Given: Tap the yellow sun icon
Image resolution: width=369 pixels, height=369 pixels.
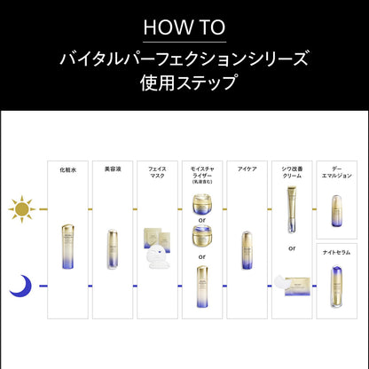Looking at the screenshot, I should [x=21, y=209].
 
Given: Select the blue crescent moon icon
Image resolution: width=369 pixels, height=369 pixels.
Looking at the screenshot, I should [x=20, y=287].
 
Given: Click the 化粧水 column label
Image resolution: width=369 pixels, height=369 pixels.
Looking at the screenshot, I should [x=67, y=169].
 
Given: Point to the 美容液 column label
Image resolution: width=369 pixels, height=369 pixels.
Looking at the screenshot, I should [x=112, y=169].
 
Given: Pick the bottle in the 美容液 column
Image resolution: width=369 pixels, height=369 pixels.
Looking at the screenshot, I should [x=112, y=249].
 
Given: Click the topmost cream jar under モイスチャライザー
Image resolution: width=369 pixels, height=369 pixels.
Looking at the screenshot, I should [x=202, y=207].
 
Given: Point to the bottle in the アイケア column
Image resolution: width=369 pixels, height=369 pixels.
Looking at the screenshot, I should [x=247, y=250].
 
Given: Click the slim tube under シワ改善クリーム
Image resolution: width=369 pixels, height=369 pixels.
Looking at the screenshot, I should [x=291, y=206].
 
